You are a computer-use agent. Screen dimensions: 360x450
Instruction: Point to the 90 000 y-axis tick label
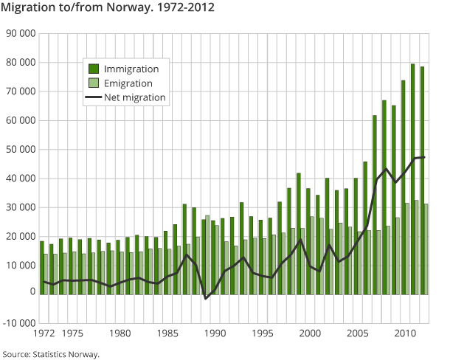click(x=20, y=34)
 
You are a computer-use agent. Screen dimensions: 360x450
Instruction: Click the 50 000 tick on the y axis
click(x=20, y=149)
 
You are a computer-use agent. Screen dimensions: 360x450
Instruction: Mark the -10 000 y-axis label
click(x=18, y=322)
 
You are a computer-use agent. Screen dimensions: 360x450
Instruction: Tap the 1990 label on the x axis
click(x=215, y=333)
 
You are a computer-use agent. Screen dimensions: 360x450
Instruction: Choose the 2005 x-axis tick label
click(x=357, y=333)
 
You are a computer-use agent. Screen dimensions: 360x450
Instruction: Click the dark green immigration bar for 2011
click(x=412, y=177)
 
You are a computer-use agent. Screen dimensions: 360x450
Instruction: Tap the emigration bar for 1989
click(x=208, y=254)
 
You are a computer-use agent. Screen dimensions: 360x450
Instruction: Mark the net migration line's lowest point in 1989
click(x=207, y=298)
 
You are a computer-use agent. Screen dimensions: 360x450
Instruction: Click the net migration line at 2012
click(x=424, y=156)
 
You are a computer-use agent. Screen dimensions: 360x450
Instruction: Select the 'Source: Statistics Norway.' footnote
click(x=51, y=354)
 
